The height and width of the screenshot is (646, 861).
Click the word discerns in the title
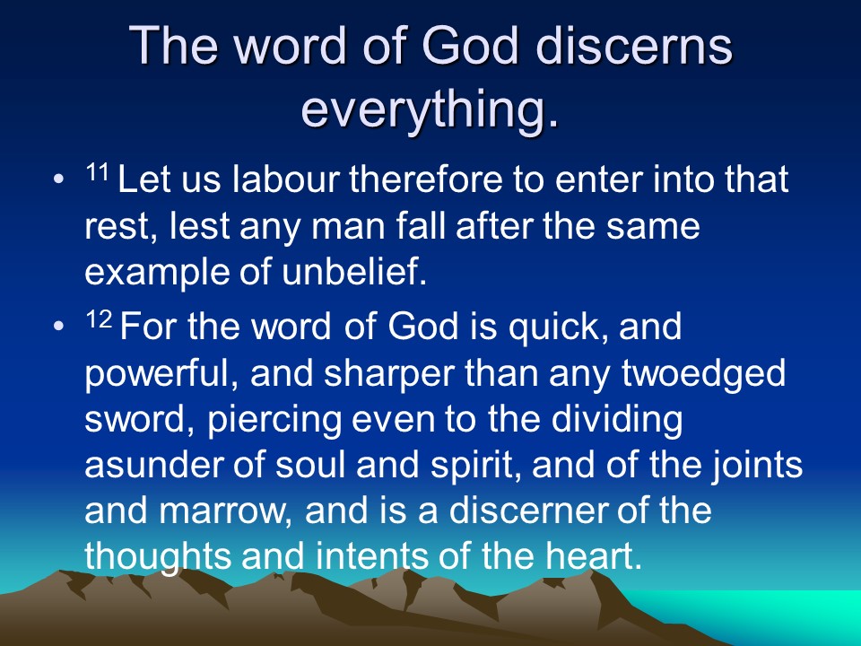pos(634,45)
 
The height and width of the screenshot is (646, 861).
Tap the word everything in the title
pos(430,109)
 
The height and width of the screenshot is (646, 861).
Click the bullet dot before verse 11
pos(59,179)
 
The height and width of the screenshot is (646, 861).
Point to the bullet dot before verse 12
pos(59,327)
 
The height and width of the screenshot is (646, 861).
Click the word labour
pos(285,179)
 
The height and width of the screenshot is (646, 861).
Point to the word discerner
pos(527,511)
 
